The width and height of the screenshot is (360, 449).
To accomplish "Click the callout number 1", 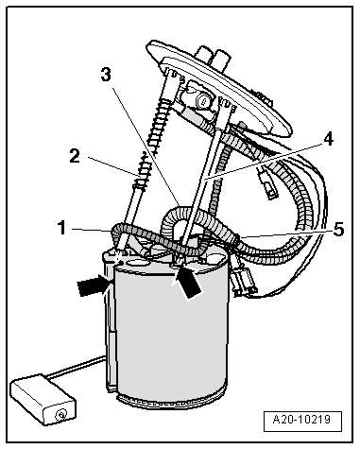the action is click(x=62, y=228).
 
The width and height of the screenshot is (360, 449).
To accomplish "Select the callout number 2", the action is click(x=75, y=156).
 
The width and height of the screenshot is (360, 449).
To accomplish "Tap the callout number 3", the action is click(x=106, y=75).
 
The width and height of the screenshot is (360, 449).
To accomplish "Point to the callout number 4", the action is click(x=328, y=139).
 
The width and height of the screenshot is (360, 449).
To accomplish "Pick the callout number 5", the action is click(x=338, y=229).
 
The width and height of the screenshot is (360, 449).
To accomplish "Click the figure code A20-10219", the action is click(x=301, y=420).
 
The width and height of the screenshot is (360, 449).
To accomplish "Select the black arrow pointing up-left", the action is click(x=186, y=282).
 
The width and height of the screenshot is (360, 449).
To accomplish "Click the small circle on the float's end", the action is click(x=60, y=415).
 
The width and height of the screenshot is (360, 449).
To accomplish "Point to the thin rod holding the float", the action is click(x=77, y=366).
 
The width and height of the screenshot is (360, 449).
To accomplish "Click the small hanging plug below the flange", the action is click(x=268, y=185).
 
